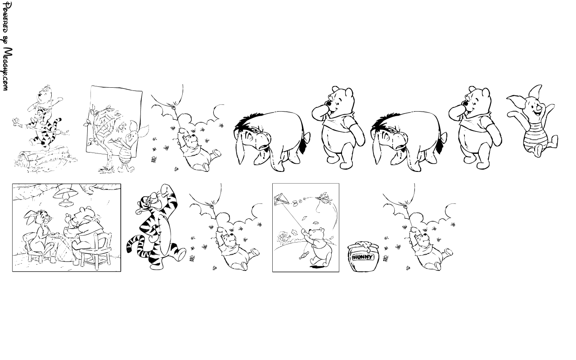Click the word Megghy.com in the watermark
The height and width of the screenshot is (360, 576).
point(8,69)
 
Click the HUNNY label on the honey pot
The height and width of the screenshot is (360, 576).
point(363,257)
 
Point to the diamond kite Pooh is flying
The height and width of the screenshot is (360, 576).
point(281,199)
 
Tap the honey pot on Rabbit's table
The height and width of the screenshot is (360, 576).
point(69,229)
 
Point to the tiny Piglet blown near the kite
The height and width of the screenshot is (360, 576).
point(324,198)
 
